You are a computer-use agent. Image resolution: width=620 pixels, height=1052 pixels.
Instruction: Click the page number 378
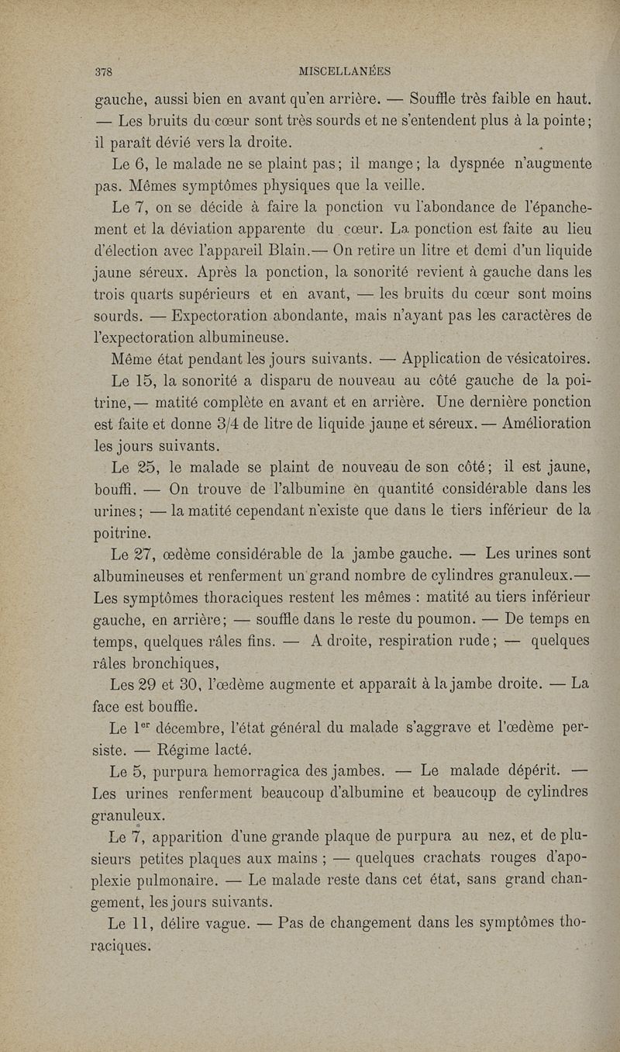[104, 71]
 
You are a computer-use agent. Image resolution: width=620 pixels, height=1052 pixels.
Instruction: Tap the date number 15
[129, 381]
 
